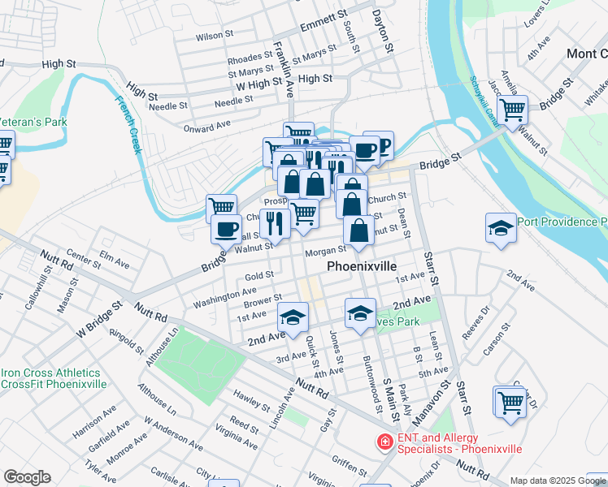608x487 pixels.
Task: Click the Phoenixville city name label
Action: [x=362, y=265]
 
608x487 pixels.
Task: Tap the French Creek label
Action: [x=128, y=126]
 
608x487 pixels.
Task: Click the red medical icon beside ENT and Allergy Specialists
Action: [x=383, y=442]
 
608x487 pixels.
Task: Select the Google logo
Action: [x=27, y=477]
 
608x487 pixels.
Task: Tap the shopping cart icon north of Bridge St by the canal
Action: [x=513, y=109]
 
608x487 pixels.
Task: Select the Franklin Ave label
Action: [x=283, y=69]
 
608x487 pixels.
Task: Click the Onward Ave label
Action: [x=207, y=127]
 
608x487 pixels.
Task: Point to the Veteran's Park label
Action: [x=33, y=122]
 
